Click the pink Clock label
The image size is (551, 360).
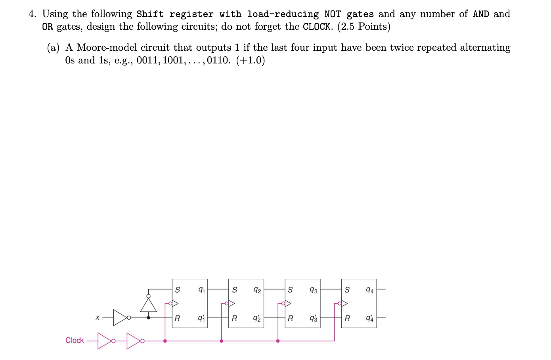click(75, 340)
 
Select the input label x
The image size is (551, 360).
click(97, 318)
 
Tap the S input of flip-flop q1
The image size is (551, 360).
click(177, 290)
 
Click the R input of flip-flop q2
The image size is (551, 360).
click(234, 318)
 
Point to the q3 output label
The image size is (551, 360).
click(314, 290)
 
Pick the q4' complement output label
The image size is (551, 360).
click(370, 318)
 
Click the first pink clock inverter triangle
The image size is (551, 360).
click(104, 341)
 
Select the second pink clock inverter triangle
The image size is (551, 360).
click(133, 341)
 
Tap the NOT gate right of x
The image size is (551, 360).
click(120, 318)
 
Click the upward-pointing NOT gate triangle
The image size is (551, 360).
click(149, 305)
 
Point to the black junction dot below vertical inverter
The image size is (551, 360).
click(149, 318)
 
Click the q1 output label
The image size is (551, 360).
click(201, 290)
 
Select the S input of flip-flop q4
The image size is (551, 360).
click(347, 290)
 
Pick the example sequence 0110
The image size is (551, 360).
click(218, 60)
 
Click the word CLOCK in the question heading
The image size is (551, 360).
click(317, 27)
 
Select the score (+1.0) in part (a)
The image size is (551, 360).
click(251, 60)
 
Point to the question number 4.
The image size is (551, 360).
click(33, 14)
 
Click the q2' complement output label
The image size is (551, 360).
click(257, 318)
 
